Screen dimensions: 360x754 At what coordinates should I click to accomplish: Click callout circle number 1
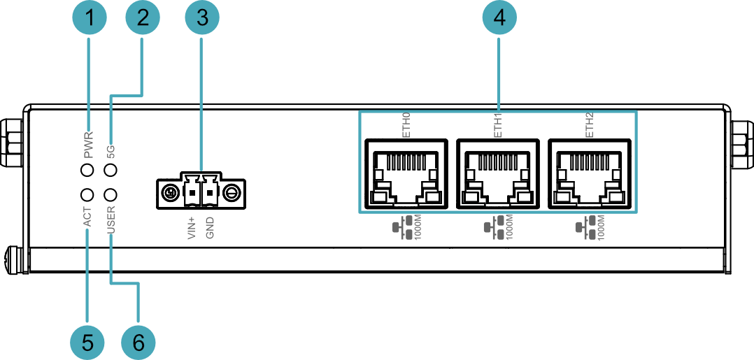[90, 19]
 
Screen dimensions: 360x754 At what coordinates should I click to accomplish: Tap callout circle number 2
[143, 19]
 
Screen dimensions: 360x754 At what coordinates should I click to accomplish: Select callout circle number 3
[201, 19]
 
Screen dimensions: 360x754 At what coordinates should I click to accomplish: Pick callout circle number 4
[499, 19]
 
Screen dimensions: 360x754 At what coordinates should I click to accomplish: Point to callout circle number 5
[87, 343]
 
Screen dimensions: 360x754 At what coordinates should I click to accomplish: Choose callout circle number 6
[138, 343]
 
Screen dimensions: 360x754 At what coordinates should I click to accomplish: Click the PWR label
[89, 145]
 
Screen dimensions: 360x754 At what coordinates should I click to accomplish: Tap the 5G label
[111, 151]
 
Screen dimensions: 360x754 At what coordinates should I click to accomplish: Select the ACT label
[87, 217]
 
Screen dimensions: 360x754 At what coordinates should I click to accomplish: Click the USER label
[111, 219]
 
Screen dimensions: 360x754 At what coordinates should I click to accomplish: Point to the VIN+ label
[192, 227]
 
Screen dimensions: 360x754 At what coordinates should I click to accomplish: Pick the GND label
[210, 228]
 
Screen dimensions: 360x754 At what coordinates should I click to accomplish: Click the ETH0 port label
[406, 125]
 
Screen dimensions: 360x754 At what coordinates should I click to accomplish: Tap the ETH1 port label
[498, 125]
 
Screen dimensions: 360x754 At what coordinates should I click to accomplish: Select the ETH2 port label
[590, 125]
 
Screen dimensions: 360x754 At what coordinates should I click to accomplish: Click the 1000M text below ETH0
[418, 228]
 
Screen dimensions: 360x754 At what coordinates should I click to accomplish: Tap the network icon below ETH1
[492, 229]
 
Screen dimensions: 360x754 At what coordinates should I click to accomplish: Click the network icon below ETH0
[401, 229]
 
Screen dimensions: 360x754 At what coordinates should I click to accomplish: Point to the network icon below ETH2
[584, 229]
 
